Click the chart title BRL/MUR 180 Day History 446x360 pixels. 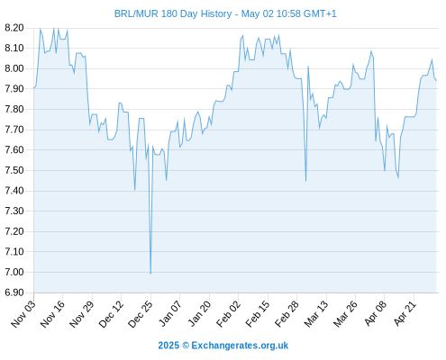tap(173, 13)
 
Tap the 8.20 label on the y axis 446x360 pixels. tap(14, 28)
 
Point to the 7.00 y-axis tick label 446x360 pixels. tap(14, 272)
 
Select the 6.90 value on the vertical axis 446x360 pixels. tap(14, 292)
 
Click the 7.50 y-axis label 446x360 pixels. tap(14, 170)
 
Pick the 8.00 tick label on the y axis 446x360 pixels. tap(14, 68)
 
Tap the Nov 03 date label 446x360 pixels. tap(23, 314)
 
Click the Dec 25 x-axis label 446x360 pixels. tap(141, 314)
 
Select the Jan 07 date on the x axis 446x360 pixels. tap(169, 314)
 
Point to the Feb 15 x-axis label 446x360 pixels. tap(258, 314)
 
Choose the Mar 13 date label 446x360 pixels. tap(316, 314)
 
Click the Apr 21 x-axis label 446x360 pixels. tap(405, 313)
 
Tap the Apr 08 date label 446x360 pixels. tap(376, 313)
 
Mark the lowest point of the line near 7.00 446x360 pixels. tap(150, 274)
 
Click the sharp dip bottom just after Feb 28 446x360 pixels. tap(305, 181)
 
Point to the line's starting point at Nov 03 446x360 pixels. tap(34, 88)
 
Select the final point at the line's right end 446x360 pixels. tap(436, 80)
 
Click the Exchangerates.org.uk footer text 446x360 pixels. tap(240, 346)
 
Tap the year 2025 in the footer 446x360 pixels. tap(168, 346)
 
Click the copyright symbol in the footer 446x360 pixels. tap(186, 346)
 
